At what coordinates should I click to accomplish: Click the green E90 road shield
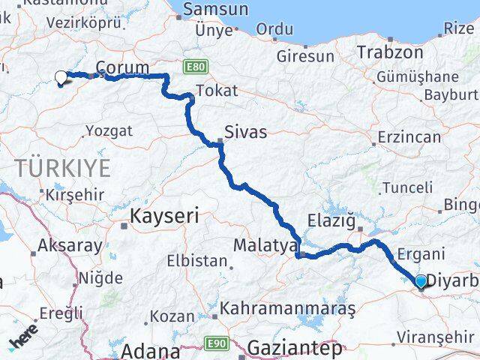(x=215, y=343)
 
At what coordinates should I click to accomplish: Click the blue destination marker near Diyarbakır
(x=421, y=280)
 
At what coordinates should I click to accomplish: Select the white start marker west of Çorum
(x=61, y=76)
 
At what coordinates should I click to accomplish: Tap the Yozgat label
(x=103, y=130)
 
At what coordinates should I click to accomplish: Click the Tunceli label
(x=407, y=187)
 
